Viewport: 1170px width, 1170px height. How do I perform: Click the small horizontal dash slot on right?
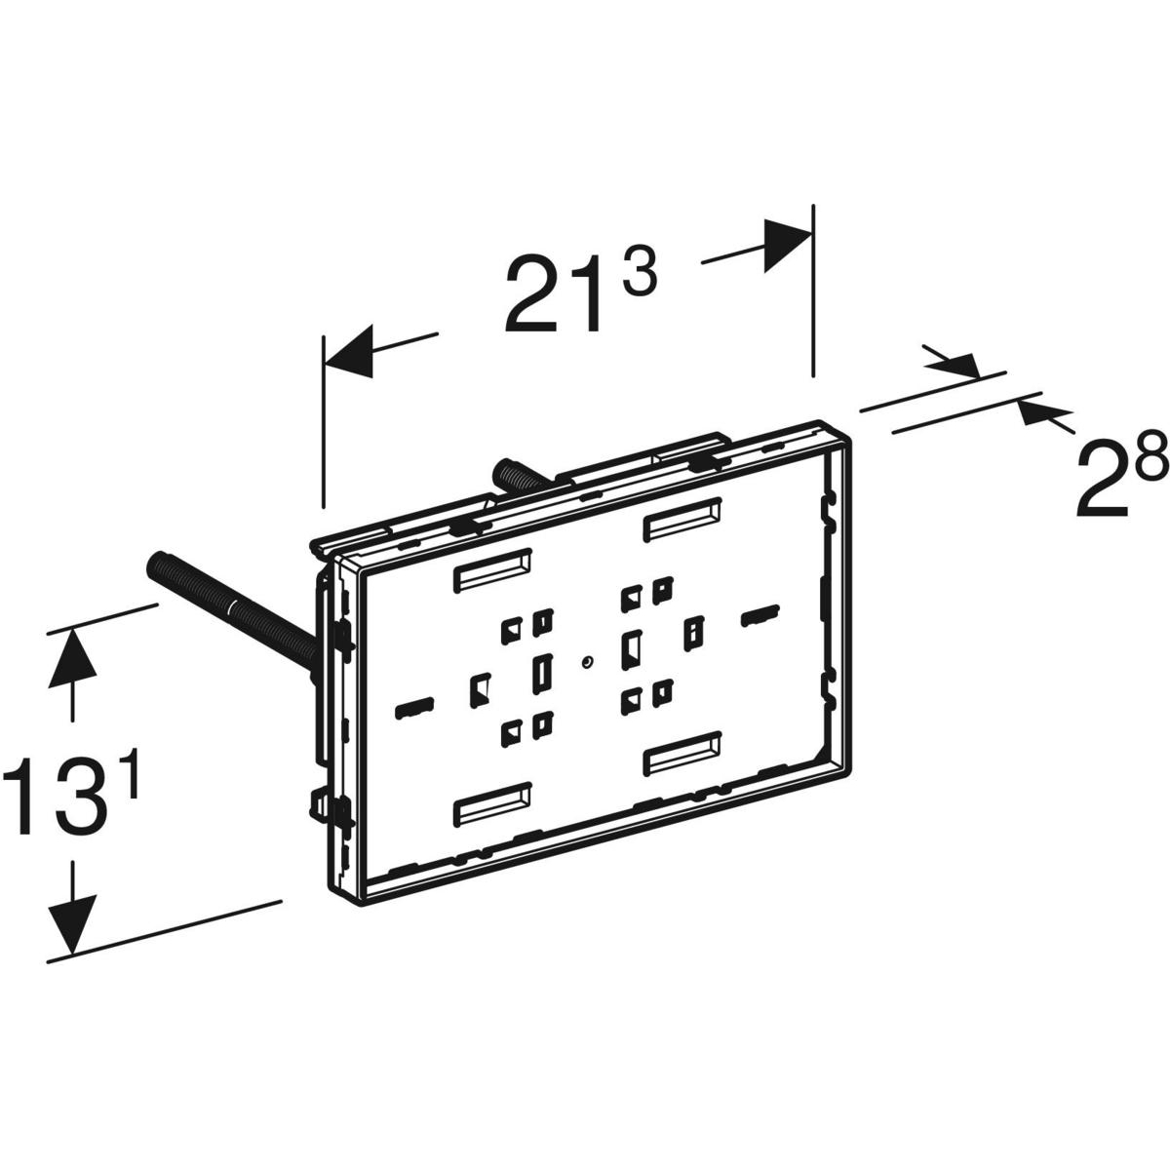click(x=760, y=615)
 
